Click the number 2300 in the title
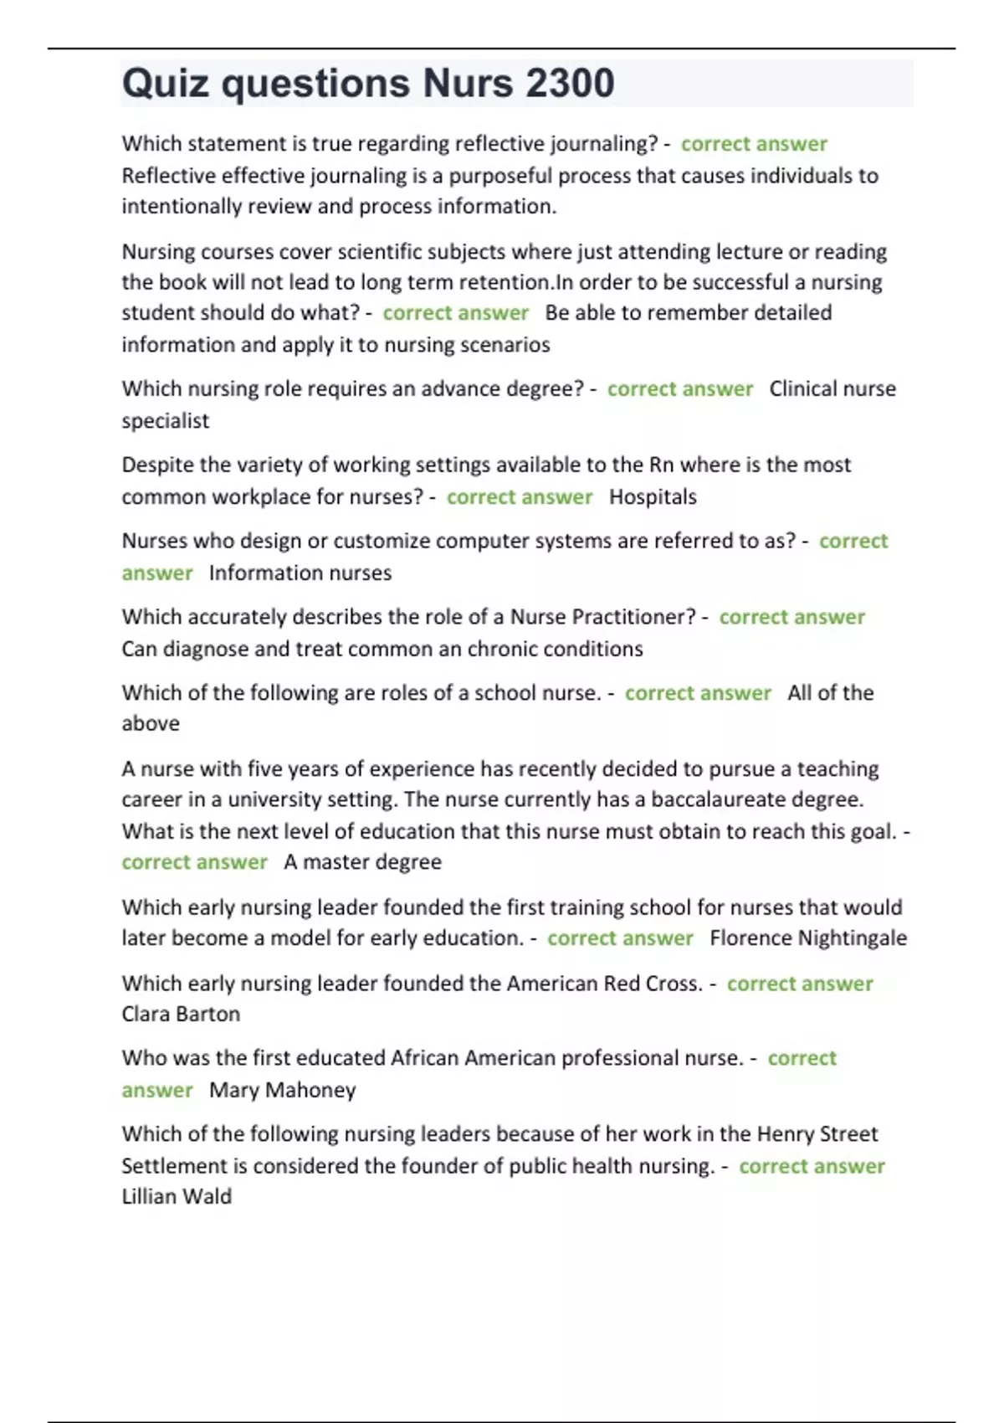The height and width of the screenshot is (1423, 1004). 570,84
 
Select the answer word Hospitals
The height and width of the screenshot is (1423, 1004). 653,497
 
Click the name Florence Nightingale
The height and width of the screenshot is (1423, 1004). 807,938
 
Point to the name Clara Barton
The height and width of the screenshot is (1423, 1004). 181,1015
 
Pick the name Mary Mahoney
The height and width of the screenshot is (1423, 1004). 282,1090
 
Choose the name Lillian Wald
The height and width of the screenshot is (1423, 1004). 177,1197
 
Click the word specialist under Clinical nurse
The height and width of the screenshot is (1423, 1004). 165,421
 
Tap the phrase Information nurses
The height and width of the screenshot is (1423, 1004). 300,573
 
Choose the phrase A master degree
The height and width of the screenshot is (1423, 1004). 362,862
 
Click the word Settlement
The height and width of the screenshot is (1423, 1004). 173,1166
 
